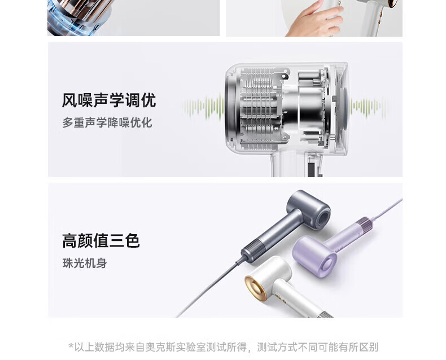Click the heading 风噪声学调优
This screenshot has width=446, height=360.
tap(109, 100)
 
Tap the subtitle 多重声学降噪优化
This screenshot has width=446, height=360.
tap(107, 122)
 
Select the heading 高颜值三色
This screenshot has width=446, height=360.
tap(101, 240)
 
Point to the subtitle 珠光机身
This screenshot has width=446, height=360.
tap(85, 263)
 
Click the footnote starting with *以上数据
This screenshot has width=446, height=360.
tap(224, 347)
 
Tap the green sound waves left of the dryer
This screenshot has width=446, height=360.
tap(203, 107)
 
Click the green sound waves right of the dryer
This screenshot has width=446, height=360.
tap(369, 107)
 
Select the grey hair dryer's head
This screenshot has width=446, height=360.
tap(309, 209)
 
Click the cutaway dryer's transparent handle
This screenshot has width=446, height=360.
tap(296, 164)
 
